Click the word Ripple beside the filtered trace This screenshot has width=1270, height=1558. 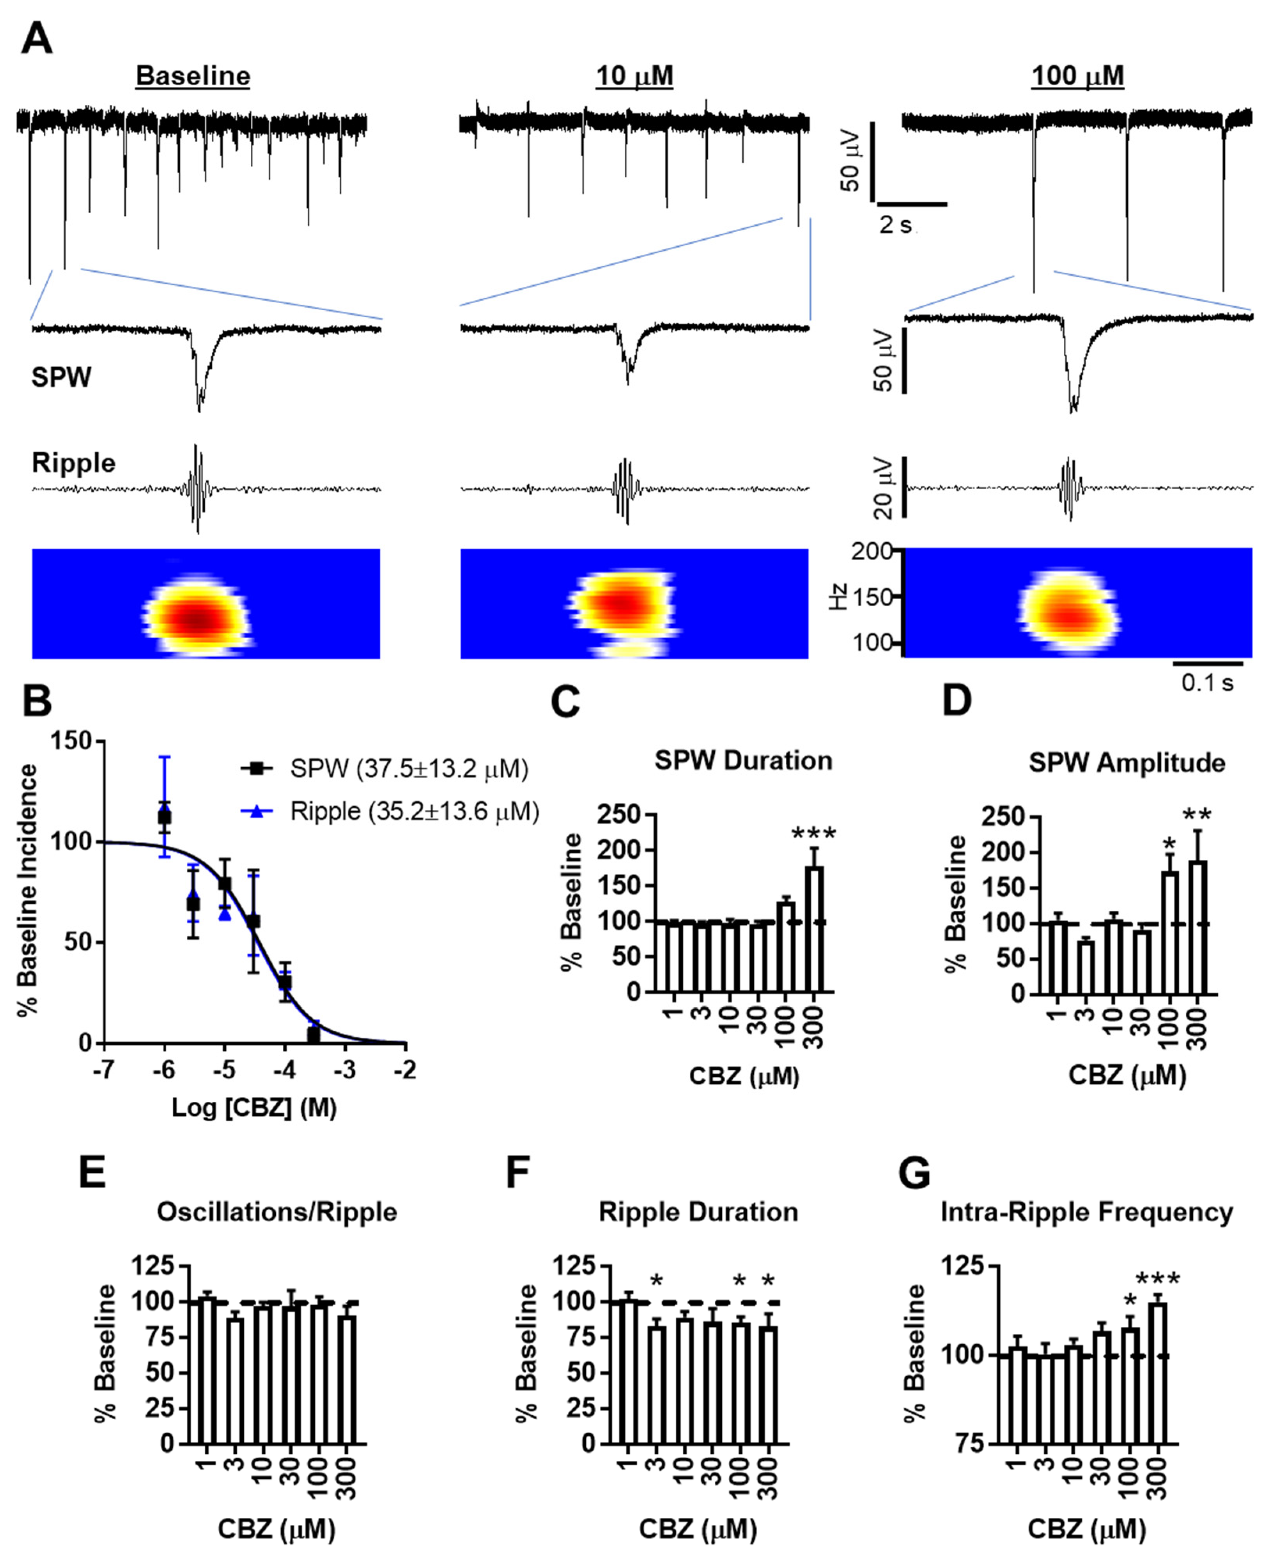pos(73,463)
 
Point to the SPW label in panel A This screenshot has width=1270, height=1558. pos(61,378)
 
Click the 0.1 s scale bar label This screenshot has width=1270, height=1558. pos(1207,683)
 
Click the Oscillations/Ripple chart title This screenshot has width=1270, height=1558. pos(276,1212)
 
